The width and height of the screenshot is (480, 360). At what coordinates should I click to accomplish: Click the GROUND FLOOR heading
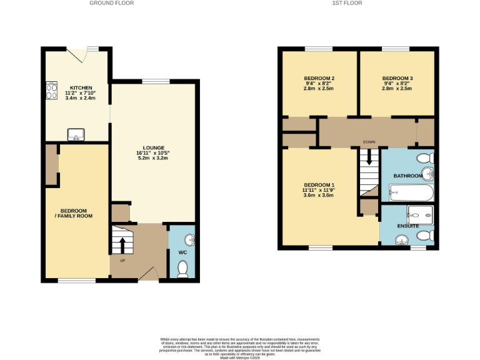[111, 3]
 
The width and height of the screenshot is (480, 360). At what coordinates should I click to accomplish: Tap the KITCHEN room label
[81, 87]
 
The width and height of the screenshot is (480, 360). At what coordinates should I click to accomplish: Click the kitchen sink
[76, 134]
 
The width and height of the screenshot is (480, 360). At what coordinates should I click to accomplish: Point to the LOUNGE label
[152, 147]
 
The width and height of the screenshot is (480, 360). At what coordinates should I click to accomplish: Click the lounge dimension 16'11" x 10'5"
[152, 153]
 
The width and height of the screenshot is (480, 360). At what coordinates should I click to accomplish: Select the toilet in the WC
[183, 268]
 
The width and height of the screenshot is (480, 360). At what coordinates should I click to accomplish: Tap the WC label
[183, 252]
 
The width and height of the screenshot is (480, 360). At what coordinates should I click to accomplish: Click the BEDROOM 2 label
[319, 77]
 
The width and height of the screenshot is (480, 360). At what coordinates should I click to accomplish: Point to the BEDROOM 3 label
[397, 77]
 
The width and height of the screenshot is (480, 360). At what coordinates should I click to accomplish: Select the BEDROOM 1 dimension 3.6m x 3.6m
[319, 196]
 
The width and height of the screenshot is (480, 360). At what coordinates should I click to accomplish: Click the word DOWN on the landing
[369, 142]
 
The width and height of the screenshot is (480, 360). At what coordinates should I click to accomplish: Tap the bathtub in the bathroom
[409, 192]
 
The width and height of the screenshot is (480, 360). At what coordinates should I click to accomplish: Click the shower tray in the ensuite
[420, 214]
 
